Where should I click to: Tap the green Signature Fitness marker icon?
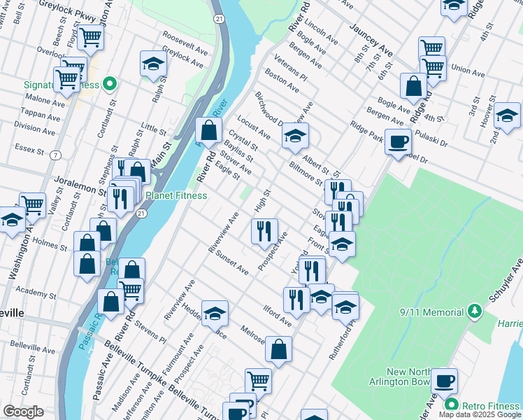(109, 85)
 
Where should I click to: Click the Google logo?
(24, 412)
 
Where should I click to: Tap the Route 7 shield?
(55, 155)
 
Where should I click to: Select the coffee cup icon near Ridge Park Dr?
(399, 142)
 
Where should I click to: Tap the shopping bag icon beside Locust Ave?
(209, 129)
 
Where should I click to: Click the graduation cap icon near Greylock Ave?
(152, 64)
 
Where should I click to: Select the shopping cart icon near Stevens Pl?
(131, 290)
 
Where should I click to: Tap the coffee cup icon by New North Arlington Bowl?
(444, 381)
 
